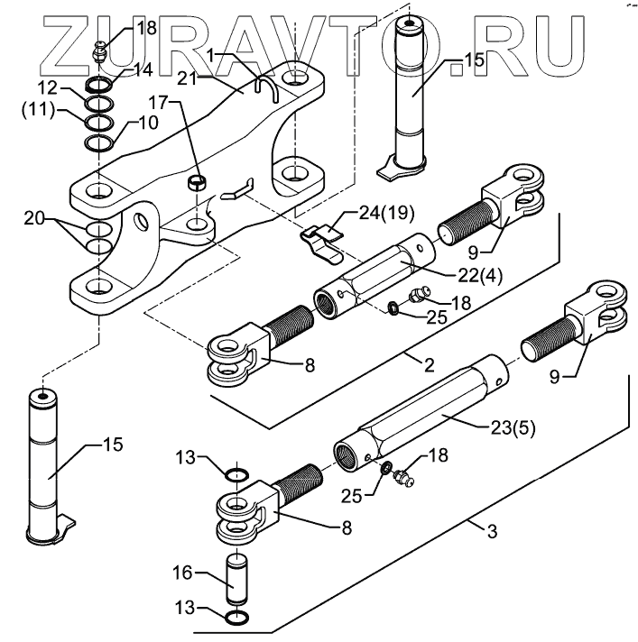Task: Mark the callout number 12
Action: pyautogui.click(x=48, y=88)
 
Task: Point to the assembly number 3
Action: pyautogui.click(x=491, y=532)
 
